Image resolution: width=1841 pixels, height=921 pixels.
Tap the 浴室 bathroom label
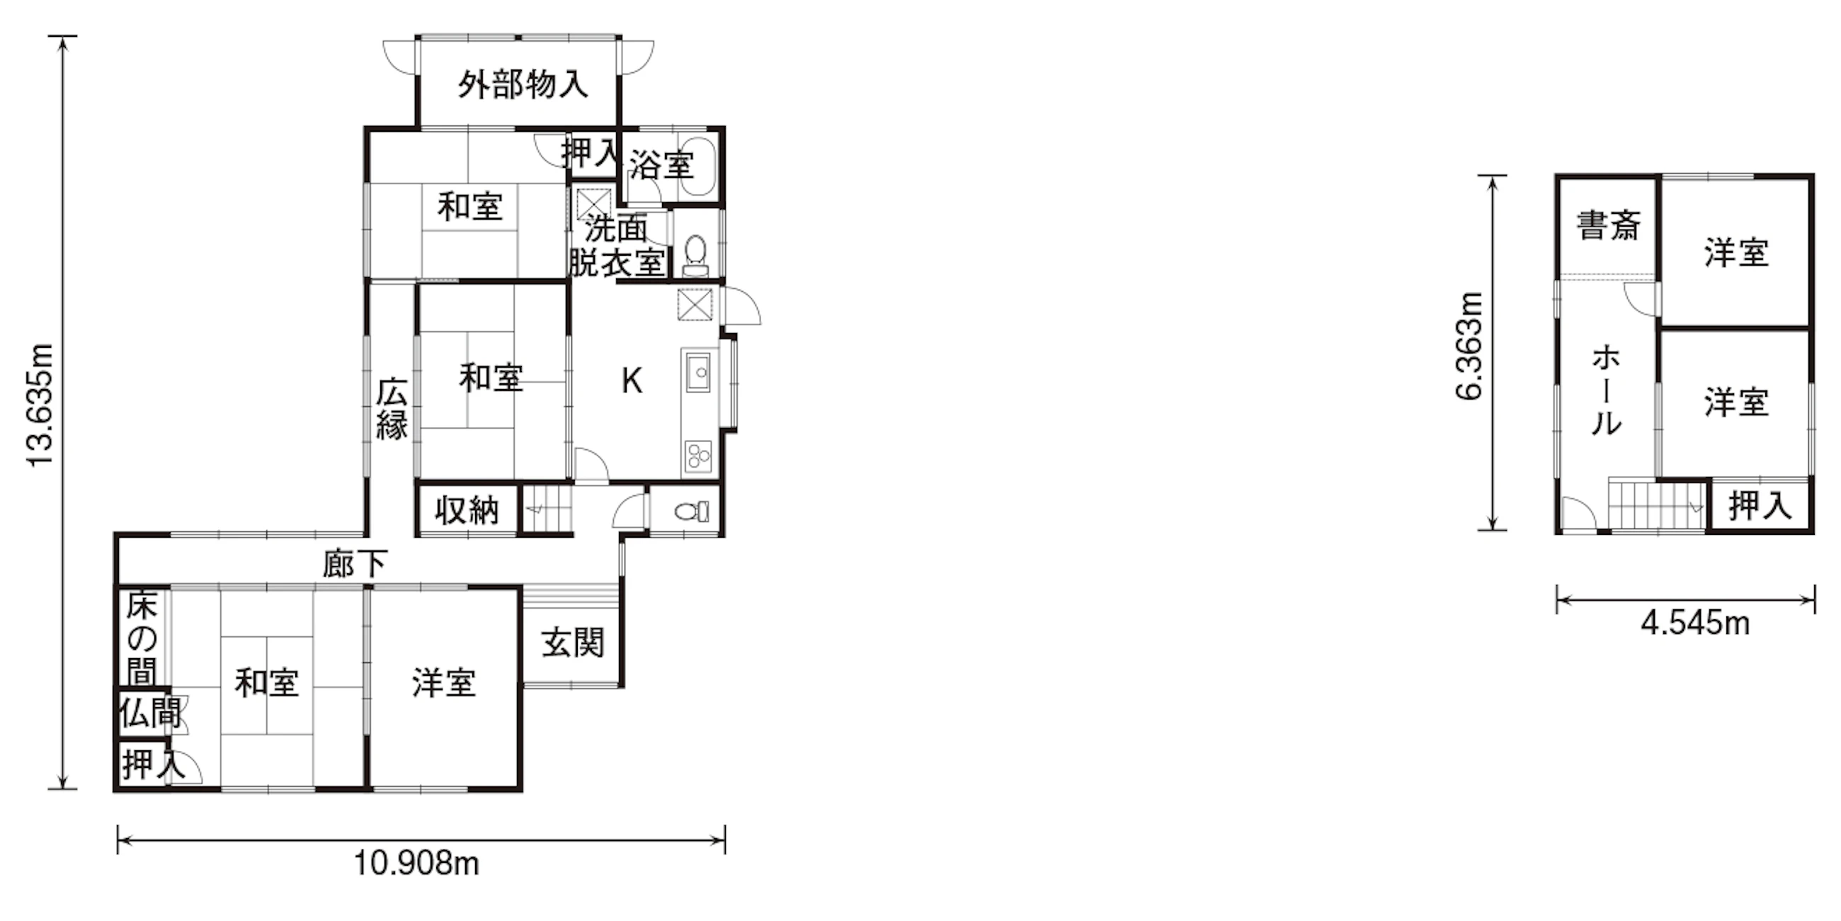click(x=661, y=166)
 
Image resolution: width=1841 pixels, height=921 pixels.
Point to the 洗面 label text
click(x=616, y=229)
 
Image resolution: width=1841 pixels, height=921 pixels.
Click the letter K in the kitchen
click(x=632, y=381)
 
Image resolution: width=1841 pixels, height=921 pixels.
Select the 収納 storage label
click(x=467, y=511)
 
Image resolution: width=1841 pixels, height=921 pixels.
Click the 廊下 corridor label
click(x=355, y=564)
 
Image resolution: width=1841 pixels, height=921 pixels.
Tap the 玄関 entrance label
click(x=572, y=642)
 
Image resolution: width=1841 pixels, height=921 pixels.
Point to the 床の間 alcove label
click(x=142, y=638)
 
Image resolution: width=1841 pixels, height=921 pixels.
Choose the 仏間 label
click(x=149, y=713)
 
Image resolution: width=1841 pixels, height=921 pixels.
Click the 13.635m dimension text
click(x=40, y=405)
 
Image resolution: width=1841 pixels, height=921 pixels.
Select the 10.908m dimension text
click(x=416, y=864)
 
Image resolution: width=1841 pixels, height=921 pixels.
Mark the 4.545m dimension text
click(x=1694, y=624)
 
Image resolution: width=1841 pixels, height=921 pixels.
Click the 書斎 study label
click(x=1608, y=225)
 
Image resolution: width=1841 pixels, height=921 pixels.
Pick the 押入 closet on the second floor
click(x=1760, y=507)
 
